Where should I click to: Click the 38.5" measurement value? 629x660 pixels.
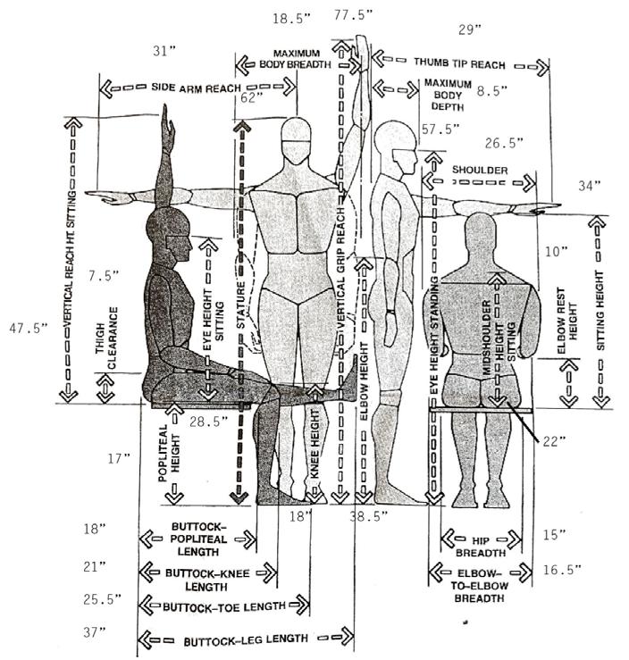tap(365, 516)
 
